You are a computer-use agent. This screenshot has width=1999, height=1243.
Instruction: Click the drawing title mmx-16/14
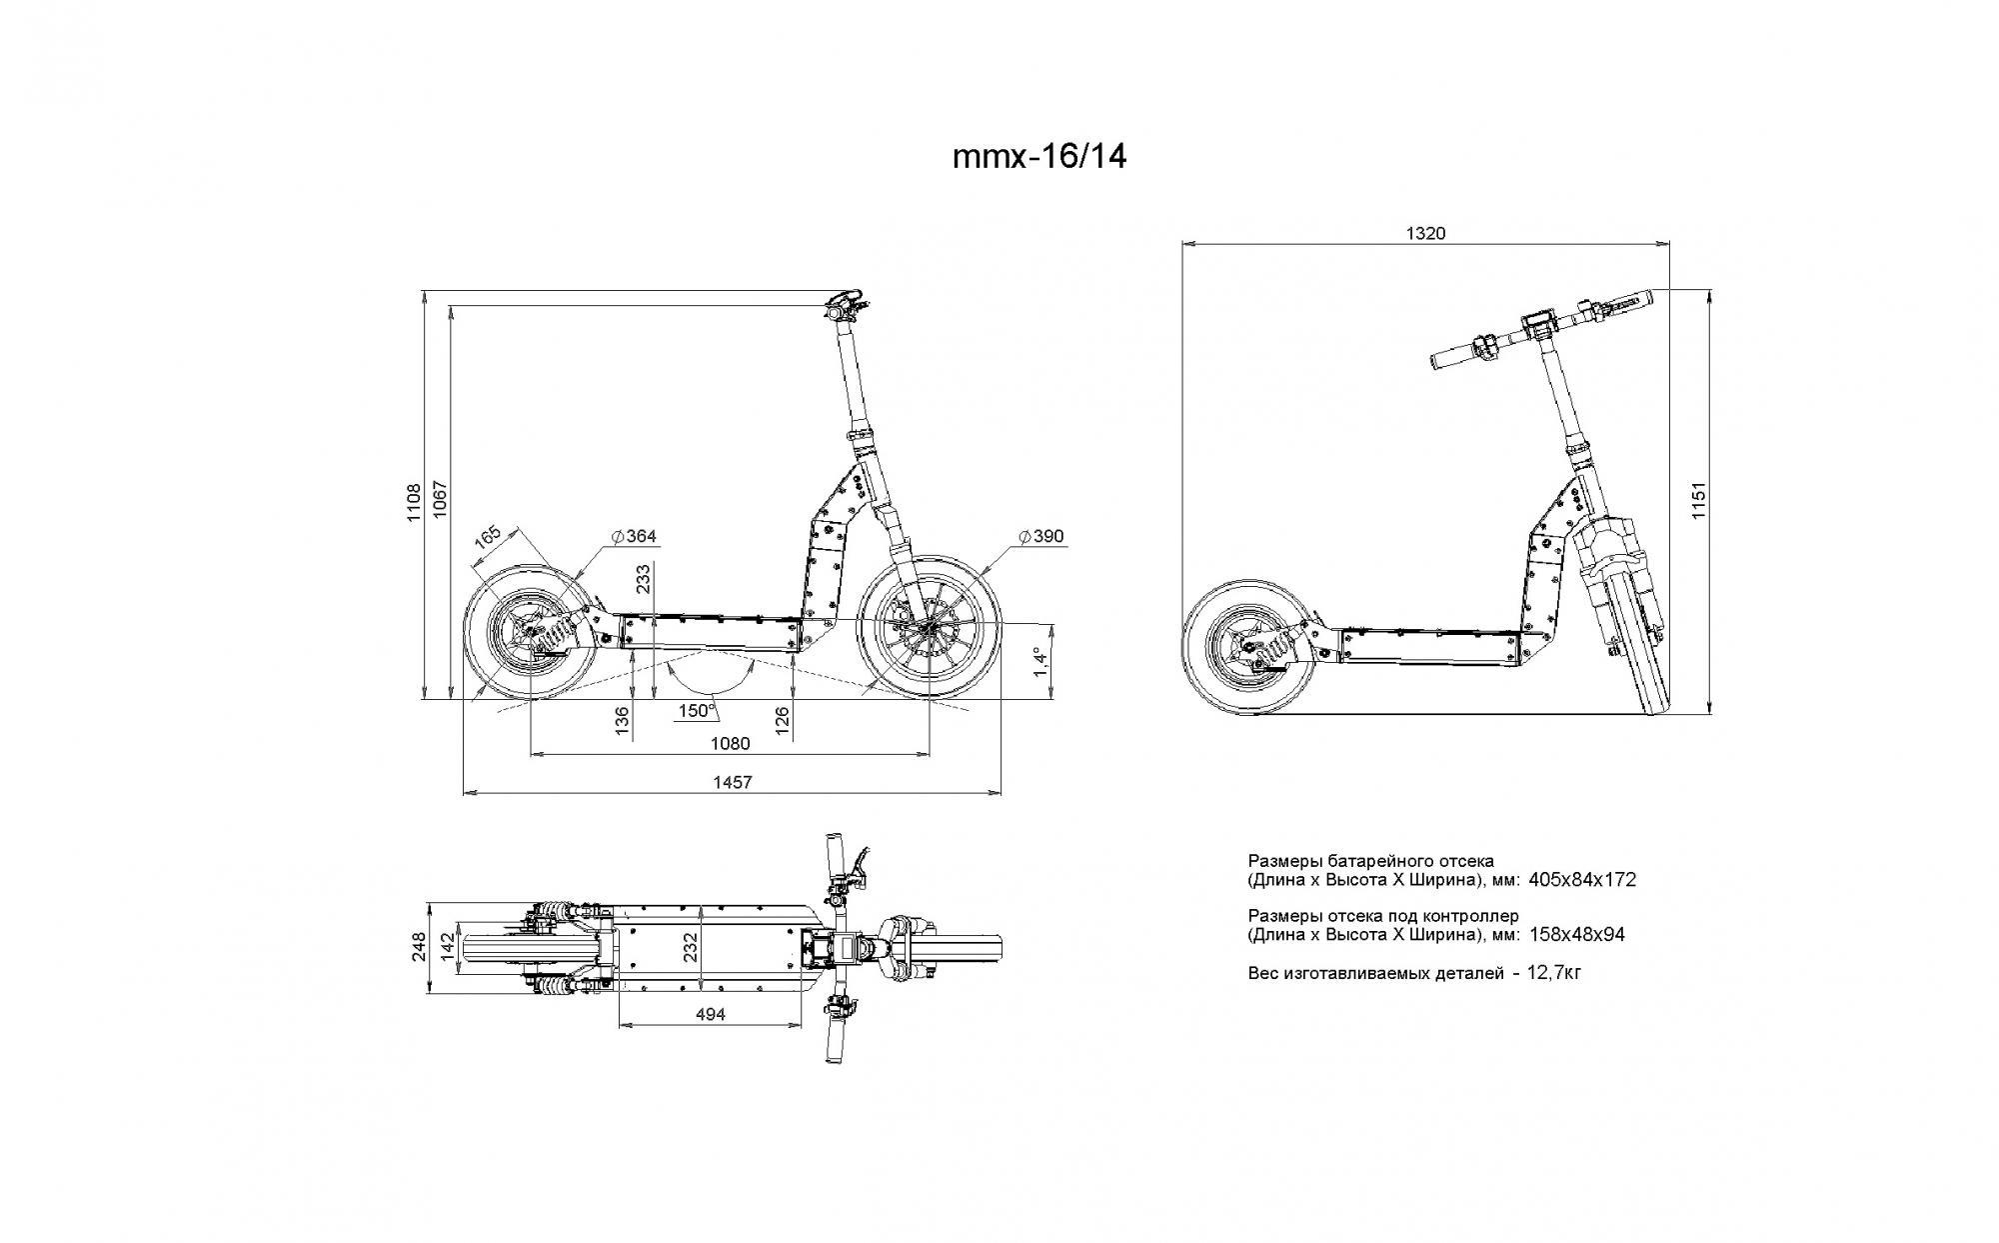point(1039,157)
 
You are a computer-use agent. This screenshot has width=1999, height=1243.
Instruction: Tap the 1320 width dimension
point(1425,234)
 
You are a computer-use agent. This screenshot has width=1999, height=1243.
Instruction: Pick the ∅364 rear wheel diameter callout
point(634,537)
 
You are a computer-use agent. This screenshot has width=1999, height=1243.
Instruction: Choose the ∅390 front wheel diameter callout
point(1041,537)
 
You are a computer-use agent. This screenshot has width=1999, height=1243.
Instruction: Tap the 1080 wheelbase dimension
point(730,743)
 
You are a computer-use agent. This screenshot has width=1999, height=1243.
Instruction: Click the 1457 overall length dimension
point(732,783)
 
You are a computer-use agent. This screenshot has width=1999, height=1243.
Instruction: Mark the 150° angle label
point(697,711)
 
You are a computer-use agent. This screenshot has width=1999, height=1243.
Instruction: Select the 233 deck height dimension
point(644,578)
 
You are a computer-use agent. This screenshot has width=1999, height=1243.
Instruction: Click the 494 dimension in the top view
point(710,1014)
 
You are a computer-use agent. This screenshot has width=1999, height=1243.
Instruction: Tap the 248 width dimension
point(420,947)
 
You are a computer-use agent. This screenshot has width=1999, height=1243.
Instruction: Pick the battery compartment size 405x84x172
point(1582,880)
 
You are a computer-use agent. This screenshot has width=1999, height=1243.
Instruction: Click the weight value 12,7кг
point(1554,972)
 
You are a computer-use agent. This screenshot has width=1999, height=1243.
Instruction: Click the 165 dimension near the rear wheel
point(487,537)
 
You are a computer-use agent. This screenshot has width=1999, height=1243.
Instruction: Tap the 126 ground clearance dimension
point(783,720)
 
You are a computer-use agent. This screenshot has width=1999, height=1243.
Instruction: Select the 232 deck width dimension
point(691,947)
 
